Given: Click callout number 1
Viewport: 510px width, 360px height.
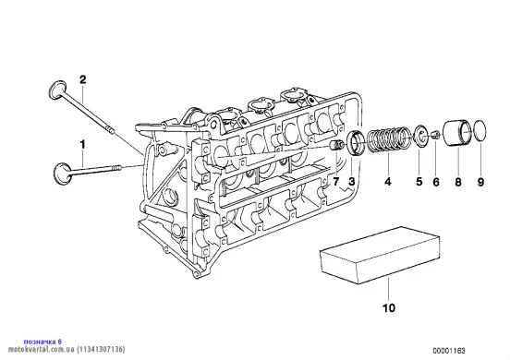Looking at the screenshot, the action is click(x=82, y=145).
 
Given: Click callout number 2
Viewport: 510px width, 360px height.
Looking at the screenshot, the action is click(x=83, y=79).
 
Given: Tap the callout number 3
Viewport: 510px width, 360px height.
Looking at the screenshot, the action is click(x=351, y=182).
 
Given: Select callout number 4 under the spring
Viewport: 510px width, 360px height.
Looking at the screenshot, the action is click(x=388, y=182).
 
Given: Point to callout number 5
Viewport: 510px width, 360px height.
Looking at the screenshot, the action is click(x=419, y=182).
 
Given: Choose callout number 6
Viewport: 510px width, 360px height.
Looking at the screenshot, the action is click(x=436, y=182).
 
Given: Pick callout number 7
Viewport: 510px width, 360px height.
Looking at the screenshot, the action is click(x=335, y=182).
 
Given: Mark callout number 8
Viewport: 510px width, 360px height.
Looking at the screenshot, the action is click(x=458, y=182).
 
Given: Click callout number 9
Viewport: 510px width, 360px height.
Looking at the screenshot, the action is click(x=480, y=182).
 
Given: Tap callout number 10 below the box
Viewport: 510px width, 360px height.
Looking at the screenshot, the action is click(x=389, y=307).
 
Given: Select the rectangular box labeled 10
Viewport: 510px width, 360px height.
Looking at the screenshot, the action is click(x=380, y=256).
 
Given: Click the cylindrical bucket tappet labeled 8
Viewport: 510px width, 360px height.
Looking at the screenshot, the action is click(x=457, y=134).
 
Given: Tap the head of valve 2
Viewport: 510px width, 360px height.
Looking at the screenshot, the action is click(x=57, y=89).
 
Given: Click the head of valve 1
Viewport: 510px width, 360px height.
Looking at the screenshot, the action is click(x=62, y=174).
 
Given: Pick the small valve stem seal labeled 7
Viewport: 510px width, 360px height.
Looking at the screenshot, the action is click(x=336, y=145).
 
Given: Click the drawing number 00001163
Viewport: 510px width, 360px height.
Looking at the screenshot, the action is click(x=448, y=351).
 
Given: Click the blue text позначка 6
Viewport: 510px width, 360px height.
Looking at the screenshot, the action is click(x=42, y=342).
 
